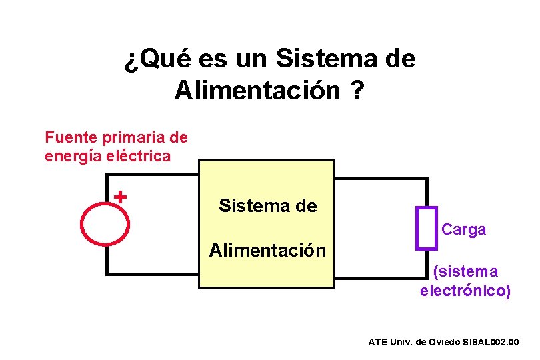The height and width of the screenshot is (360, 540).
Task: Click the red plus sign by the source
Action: point(120,197)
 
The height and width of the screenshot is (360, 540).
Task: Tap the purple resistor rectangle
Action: point(426,228)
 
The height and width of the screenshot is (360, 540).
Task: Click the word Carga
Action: point(464,230)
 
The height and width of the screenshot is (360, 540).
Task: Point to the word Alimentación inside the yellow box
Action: point(267,251)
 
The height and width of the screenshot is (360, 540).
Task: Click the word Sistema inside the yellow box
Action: point(247,206)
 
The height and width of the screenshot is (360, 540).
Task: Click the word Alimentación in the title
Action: point(257,90)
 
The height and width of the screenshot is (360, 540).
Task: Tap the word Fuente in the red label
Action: point(71,138)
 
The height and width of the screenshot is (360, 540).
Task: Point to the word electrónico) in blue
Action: point(465,291)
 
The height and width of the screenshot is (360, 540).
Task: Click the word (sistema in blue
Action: point(465,272)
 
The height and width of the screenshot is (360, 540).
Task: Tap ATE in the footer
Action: point(378,342)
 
